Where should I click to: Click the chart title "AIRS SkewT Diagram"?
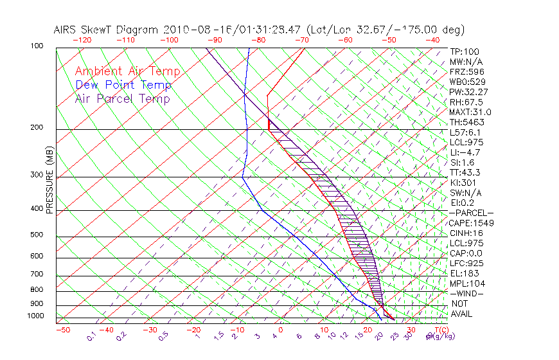[107, 30]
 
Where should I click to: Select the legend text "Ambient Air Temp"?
[127, 71]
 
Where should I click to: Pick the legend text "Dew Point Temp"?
[123, 85]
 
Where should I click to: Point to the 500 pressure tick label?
[36, 235]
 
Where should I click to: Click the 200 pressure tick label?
[36, 128]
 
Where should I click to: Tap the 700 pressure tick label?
[36, 275]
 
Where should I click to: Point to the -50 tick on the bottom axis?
[62, 330]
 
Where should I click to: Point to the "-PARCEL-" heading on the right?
[471, 213]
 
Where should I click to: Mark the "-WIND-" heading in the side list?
[466, 293]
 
